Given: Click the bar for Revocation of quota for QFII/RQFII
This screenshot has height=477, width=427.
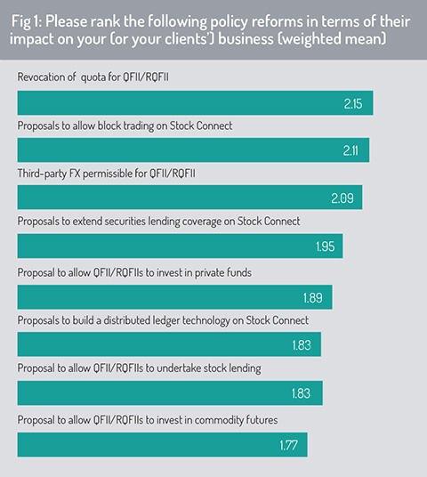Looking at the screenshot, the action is coord(195,103).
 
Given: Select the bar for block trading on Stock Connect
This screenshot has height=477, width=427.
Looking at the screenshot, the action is coord(193,150).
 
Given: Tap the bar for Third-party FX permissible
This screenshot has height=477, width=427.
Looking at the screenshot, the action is coord(189,198).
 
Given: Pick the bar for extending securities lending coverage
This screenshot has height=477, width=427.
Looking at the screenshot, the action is coord(180,246).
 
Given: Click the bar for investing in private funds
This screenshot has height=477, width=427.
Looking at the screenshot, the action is coord(175,297).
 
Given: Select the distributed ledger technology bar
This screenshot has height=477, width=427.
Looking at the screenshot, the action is coord(169,344).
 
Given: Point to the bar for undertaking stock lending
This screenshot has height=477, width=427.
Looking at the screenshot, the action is coord(170,392).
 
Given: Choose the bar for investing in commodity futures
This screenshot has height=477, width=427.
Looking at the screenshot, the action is coord(163,444).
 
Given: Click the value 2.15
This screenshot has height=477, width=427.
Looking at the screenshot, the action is coord(353,104).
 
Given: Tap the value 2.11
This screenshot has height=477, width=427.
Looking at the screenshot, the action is coord(350,151).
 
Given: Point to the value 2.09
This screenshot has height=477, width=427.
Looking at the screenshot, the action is coord(342,198).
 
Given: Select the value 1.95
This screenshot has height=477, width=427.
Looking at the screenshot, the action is coord(325,247).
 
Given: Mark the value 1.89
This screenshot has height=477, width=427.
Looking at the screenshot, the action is coord(312,298).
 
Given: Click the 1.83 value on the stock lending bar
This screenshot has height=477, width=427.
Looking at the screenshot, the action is coord(301,393).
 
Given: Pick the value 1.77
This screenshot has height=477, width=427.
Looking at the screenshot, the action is coord(288,445).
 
